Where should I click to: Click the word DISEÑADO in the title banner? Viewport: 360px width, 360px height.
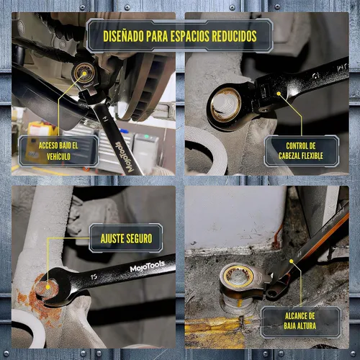coord(123,36)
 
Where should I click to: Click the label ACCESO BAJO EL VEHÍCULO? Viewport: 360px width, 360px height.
coord(58,151)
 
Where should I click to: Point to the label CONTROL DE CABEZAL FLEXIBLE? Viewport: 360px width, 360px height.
coord(300,150)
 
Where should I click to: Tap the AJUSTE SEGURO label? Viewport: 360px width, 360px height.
coord(126,238)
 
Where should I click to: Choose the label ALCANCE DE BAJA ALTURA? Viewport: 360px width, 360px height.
coord(300,321)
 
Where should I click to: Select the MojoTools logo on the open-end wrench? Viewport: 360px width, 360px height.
coord(147,266)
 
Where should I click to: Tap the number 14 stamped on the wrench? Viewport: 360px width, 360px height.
coord(105,119)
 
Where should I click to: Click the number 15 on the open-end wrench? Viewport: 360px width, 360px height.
coord(94,276)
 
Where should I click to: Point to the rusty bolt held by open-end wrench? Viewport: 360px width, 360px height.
coord(47,289)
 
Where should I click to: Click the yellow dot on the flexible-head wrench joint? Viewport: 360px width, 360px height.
coord(279,94)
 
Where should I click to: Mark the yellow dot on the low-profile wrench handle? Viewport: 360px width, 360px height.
coord(291,261)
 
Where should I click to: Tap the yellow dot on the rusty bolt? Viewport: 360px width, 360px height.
coord(48,287)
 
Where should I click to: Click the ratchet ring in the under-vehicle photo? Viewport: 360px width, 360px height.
coord(84,72)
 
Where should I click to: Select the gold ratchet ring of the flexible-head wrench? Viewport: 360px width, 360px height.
coord(226,104)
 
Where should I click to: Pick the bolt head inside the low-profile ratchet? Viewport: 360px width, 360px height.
coord(239,276)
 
